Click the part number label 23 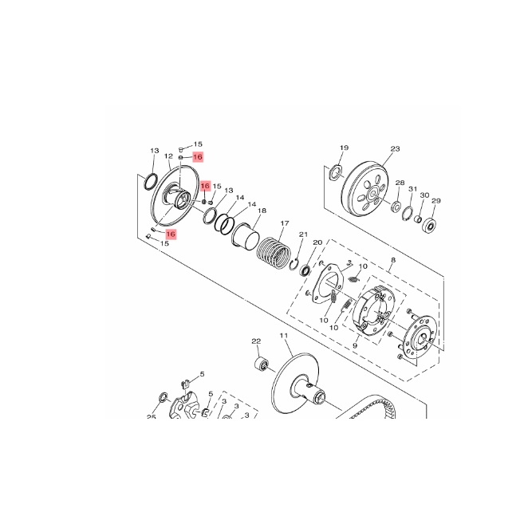coord(395,148)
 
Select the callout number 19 coord(345,148)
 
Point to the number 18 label coord(262,211)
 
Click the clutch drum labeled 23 coord(365,190)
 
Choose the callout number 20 coord(317,242)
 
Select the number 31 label coord(413,189)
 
